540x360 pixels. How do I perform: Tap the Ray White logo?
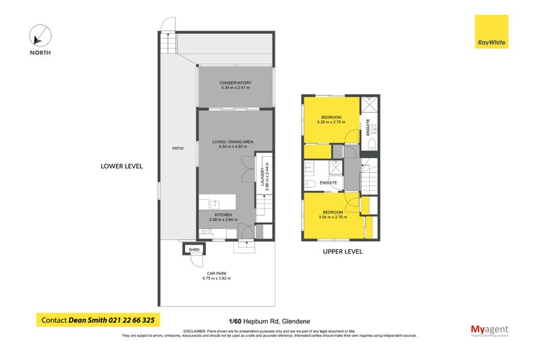tap(491, 32)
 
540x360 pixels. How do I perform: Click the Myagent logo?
tap(489, 330)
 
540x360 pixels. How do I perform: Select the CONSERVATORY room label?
tap(235, 83)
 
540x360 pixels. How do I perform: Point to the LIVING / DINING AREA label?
tap(233, 141)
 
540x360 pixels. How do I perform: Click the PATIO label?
tap(178, 148)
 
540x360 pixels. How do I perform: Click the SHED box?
tap(194, 249)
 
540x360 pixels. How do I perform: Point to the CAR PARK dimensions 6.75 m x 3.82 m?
tap(216, 278)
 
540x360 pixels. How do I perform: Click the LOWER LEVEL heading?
tap(122, 165)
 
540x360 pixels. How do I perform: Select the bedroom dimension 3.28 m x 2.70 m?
tap(331, 123)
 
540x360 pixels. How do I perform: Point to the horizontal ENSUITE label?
tap(329, 182)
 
